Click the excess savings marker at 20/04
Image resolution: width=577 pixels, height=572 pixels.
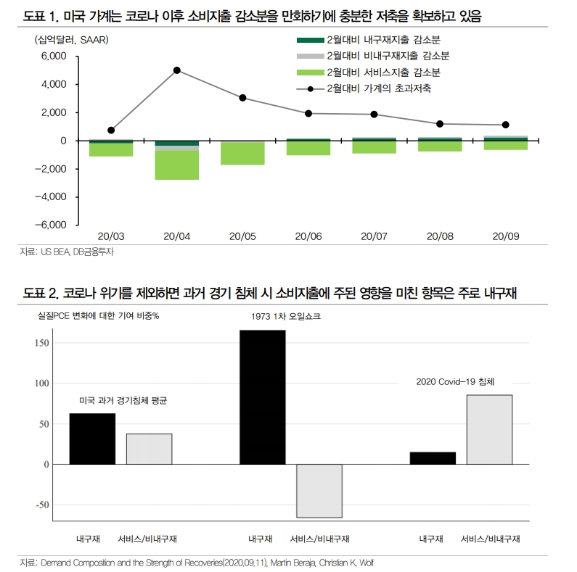point(177,70)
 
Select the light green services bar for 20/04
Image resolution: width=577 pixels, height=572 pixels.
point(177,165)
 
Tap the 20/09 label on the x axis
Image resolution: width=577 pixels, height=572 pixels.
point(505,236)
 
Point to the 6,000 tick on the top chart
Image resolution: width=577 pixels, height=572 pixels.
point(54,56)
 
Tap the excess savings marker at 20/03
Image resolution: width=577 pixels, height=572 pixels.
point(111,130)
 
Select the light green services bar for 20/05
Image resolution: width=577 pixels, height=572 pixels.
point(242,154)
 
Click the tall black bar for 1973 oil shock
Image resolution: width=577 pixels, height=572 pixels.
point(262,397)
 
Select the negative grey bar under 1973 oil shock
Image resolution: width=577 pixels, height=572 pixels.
point(319,491)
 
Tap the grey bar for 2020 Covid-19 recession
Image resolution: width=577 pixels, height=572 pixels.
point(489,429)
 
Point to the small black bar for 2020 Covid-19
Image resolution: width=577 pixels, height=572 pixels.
point(433,458)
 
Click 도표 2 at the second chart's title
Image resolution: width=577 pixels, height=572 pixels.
point(41,293)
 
